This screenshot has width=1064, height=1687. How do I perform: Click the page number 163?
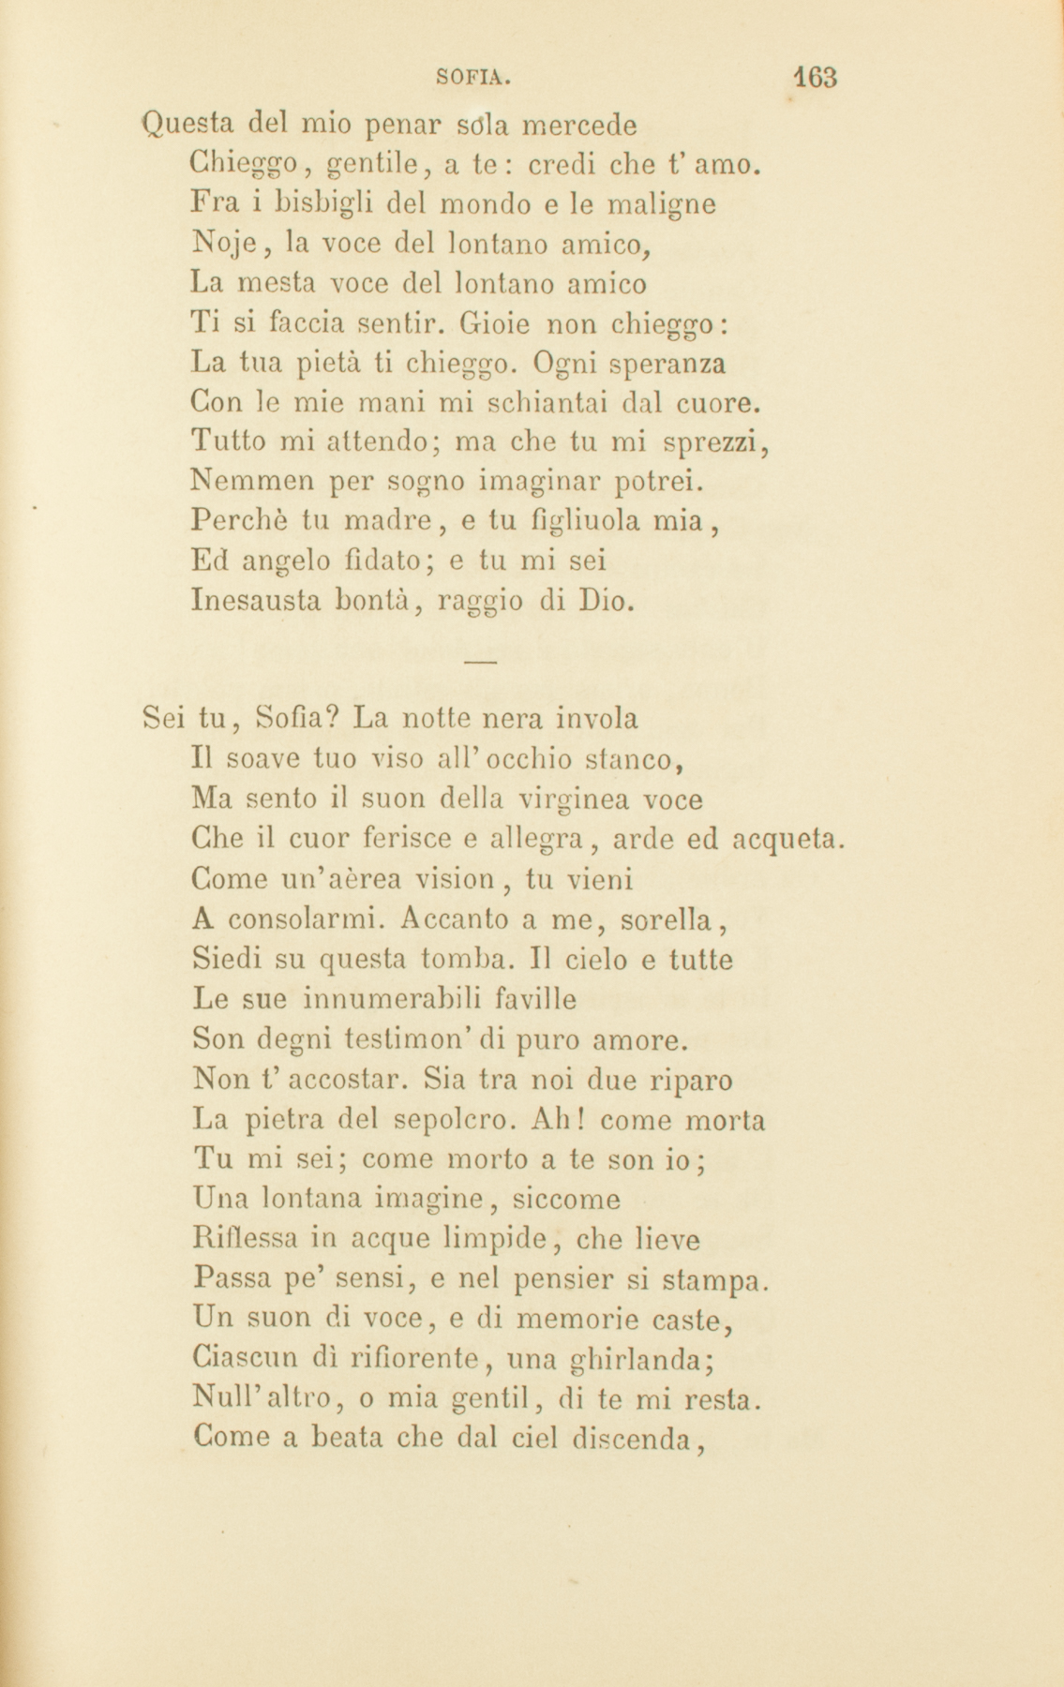[x=813, y=77]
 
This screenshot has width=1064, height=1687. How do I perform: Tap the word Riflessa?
[x=242, y=1239]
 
